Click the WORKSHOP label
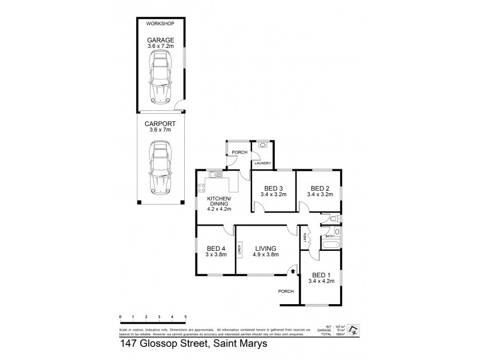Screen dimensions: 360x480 [160, 23]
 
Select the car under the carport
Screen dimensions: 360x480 [160, 166]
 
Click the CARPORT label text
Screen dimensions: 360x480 [160, 122]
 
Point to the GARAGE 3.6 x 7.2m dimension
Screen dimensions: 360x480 [160, 46]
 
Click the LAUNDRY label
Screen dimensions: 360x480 [262, 163]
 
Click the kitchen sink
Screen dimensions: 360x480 [214, 175]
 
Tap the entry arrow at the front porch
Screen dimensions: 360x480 [292, 271]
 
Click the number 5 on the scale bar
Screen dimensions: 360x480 [185, 316]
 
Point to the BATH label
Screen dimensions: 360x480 [329, 236]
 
